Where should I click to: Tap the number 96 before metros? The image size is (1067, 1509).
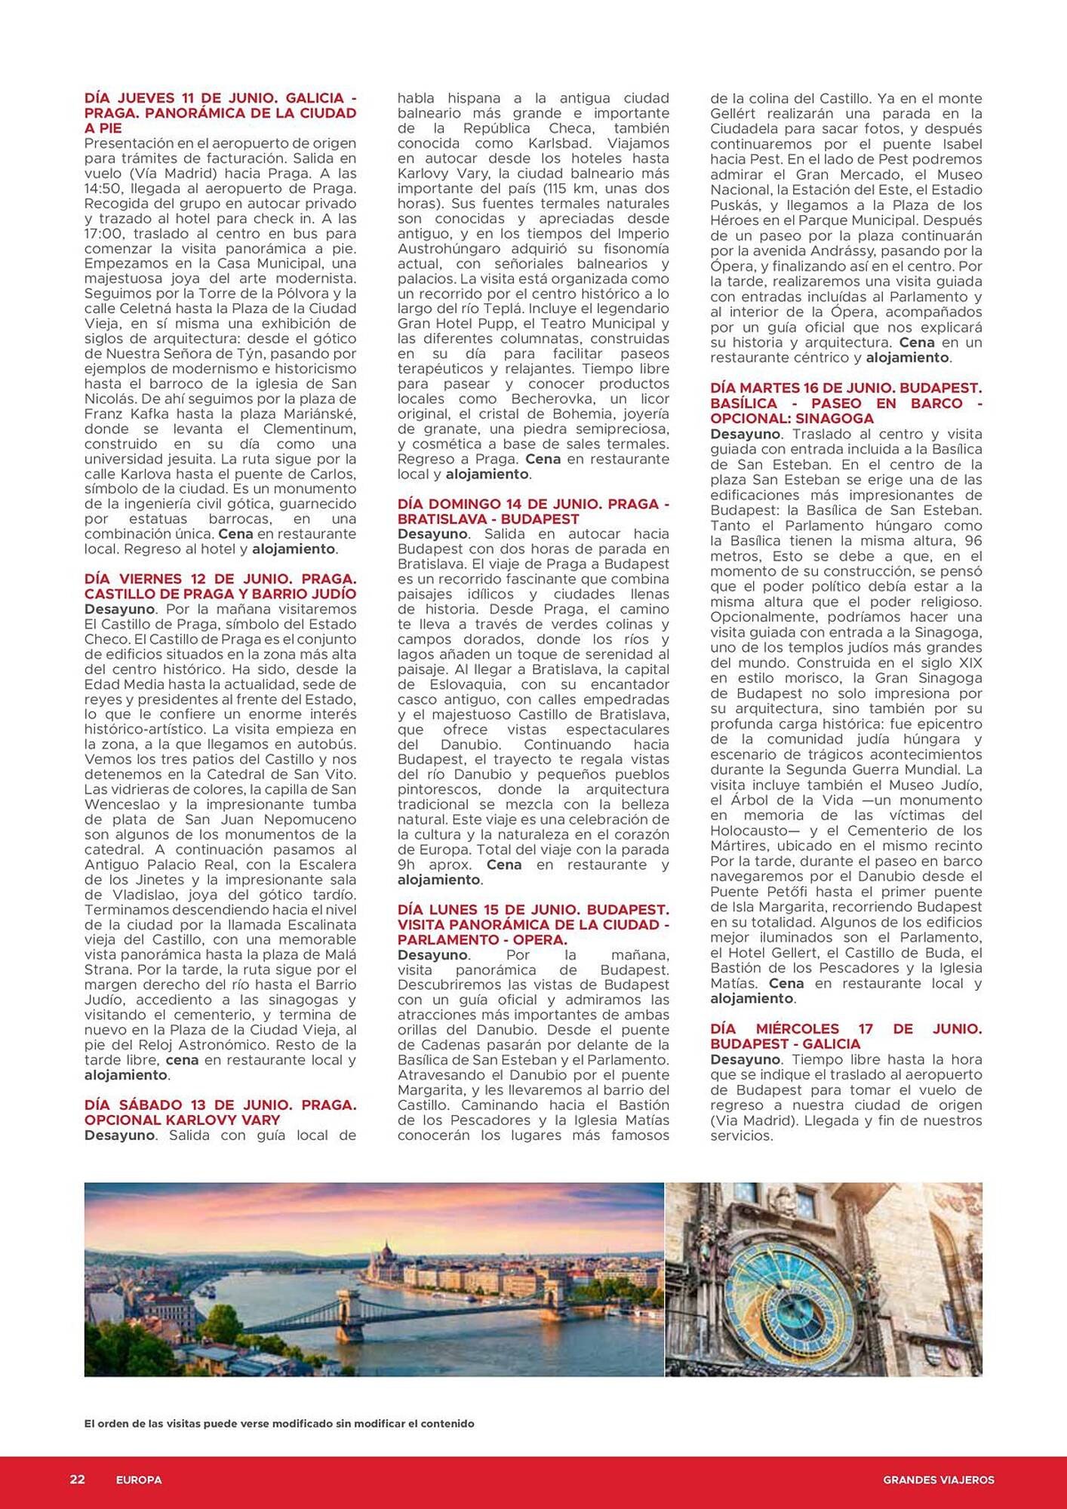tap(973, 541)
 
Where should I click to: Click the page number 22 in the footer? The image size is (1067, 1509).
tap(77, 1480)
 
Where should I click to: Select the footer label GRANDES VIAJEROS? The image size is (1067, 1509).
tap(938, 1480)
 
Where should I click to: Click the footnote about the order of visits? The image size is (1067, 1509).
tap(279, 1424)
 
